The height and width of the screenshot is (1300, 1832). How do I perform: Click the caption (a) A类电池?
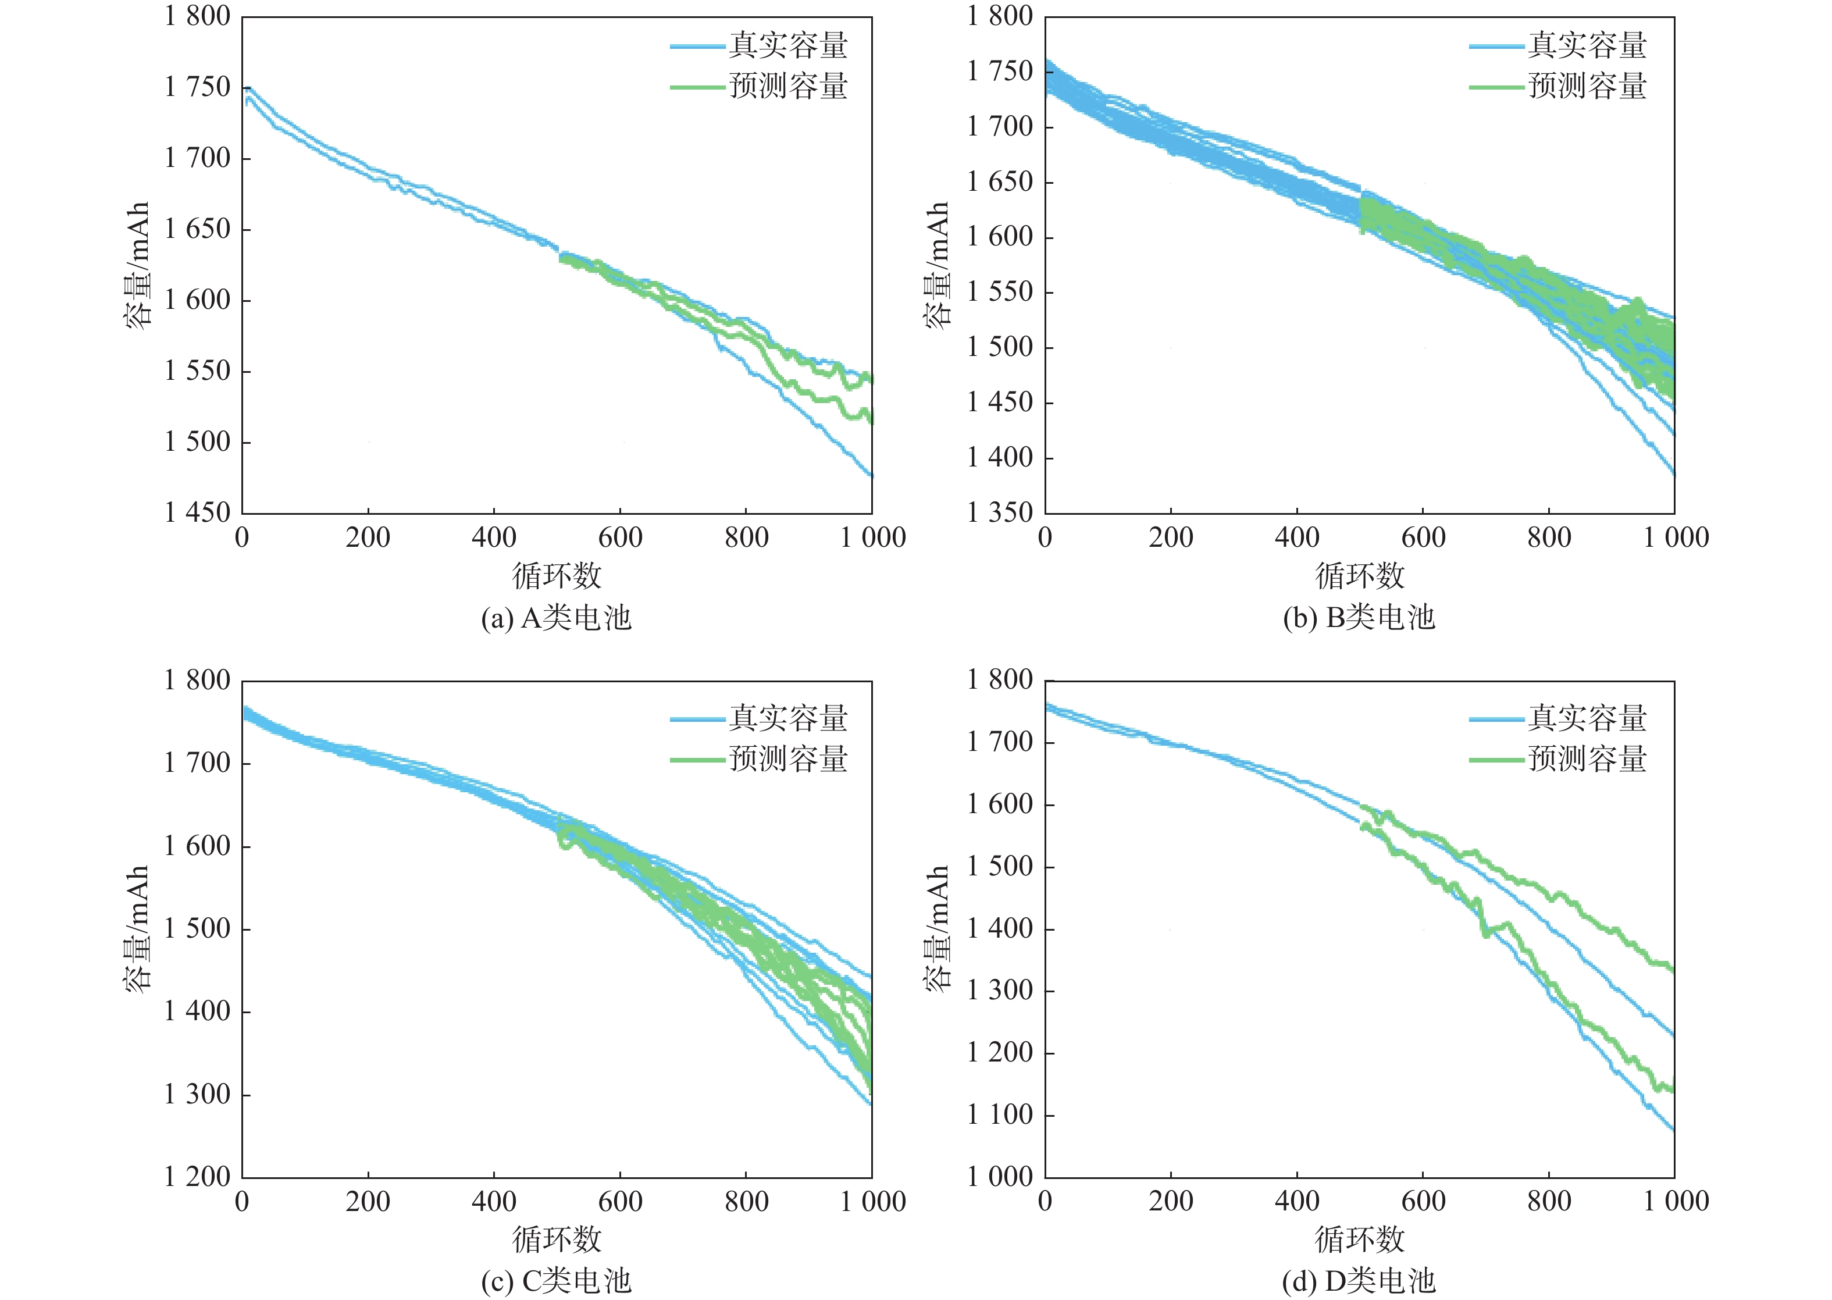556,618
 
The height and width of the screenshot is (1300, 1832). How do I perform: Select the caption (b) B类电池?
1359,618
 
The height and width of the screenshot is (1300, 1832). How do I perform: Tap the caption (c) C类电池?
556,1281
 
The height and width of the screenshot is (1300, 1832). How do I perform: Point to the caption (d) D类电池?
1359,1281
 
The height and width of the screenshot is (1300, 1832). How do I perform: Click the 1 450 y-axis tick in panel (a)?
197,512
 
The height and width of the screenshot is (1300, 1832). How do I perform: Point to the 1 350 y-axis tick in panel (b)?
1000,512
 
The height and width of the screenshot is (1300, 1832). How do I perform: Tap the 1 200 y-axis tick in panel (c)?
197,1177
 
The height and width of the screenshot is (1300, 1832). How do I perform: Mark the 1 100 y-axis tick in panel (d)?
1000,1114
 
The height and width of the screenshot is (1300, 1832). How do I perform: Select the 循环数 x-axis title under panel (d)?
1359,1239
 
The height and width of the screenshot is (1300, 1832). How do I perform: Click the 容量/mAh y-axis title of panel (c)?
137,928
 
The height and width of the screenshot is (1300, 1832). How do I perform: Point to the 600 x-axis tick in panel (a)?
621,537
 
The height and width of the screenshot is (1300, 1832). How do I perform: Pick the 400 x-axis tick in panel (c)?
494,1202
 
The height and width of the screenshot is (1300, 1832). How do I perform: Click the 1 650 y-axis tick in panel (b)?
1000,181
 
